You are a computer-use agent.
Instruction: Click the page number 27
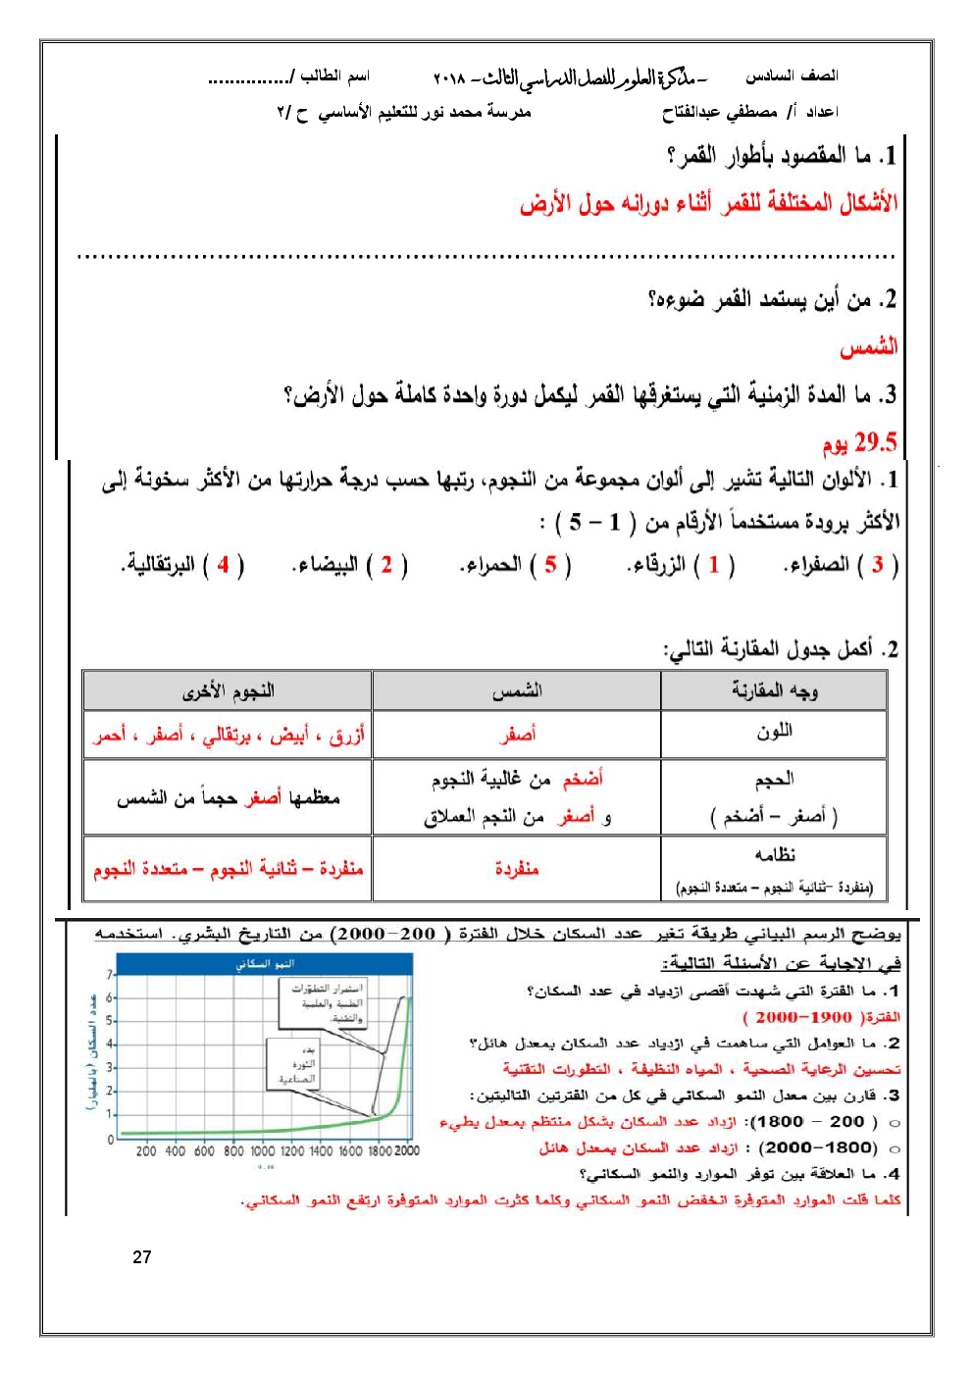[142, 1256]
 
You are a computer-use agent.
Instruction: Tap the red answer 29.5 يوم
[859, 442]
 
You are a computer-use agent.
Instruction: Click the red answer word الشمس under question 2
[868, 347]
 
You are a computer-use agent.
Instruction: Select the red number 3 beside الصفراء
[877, 565]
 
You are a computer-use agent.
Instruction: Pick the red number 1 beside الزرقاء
[713, 565]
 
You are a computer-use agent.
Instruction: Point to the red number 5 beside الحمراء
[550, 565]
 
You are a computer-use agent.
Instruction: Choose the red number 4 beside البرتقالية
[224, 565]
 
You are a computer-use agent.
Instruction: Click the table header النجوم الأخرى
[228, 691]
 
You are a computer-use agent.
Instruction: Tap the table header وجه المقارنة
[774, 691]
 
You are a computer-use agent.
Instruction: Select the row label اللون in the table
[774, 732]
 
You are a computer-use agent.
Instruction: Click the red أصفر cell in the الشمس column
[517, 734]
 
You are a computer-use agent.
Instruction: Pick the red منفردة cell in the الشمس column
[517, 868]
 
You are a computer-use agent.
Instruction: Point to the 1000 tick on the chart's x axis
[262, 1151]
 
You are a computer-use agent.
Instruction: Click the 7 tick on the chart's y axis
[110, 975]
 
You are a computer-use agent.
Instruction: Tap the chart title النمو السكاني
[265, 965]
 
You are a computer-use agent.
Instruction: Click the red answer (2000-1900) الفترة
[822, 1017]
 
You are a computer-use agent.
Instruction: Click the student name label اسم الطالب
[333, 76]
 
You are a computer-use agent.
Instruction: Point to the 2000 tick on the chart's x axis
[406, 1151]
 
